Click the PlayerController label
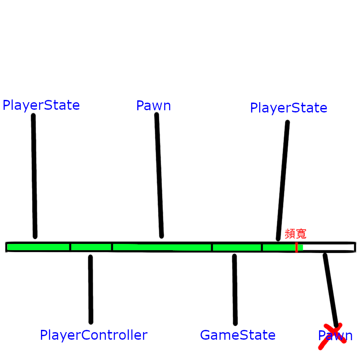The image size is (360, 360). pos(94,335)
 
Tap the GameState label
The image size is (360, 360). pos(238,335)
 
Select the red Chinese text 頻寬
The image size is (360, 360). pos(296,234)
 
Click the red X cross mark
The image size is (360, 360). pos(332,336)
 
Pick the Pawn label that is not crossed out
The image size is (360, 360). pos(153,106)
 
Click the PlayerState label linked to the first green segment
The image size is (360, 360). pos(41,105)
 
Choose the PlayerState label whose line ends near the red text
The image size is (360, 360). pos(288,108)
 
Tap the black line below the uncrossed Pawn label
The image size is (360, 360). pos(159,175)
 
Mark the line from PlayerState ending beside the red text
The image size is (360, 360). pos(283,180)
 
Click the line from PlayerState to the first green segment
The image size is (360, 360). pos(34,175)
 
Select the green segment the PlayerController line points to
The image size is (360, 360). pos(91,247)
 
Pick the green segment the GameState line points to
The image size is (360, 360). pos(237,247)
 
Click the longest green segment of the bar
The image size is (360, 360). pos(162,247)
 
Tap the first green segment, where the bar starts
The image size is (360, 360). pos(38,247)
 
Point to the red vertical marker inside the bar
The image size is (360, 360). pos(296,247)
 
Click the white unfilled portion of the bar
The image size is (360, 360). pos(328,247)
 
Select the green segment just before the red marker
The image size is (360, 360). pos(279,247)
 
